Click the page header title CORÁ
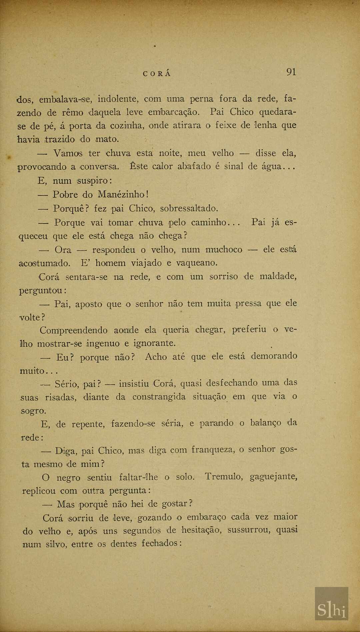(x=157, y=74)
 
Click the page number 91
(x=291, y=72)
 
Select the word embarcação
(x=174, y=112)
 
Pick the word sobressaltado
(x=189, y=209)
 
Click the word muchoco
(x=224, y=250)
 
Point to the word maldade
(x=278, y=276)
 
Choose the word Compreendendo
(x=74, y=331)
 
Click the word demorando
(x=274, y=356)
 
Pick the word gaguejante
(x=273, y=477)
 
